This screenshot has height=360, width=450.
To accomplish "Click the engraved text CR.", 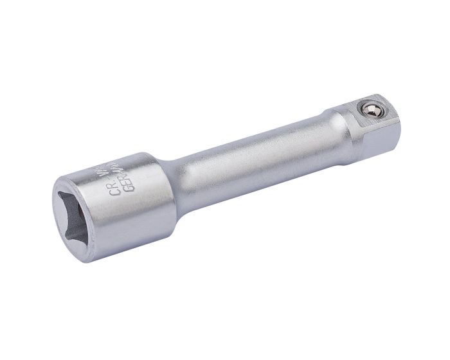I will tap(115, 186).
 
